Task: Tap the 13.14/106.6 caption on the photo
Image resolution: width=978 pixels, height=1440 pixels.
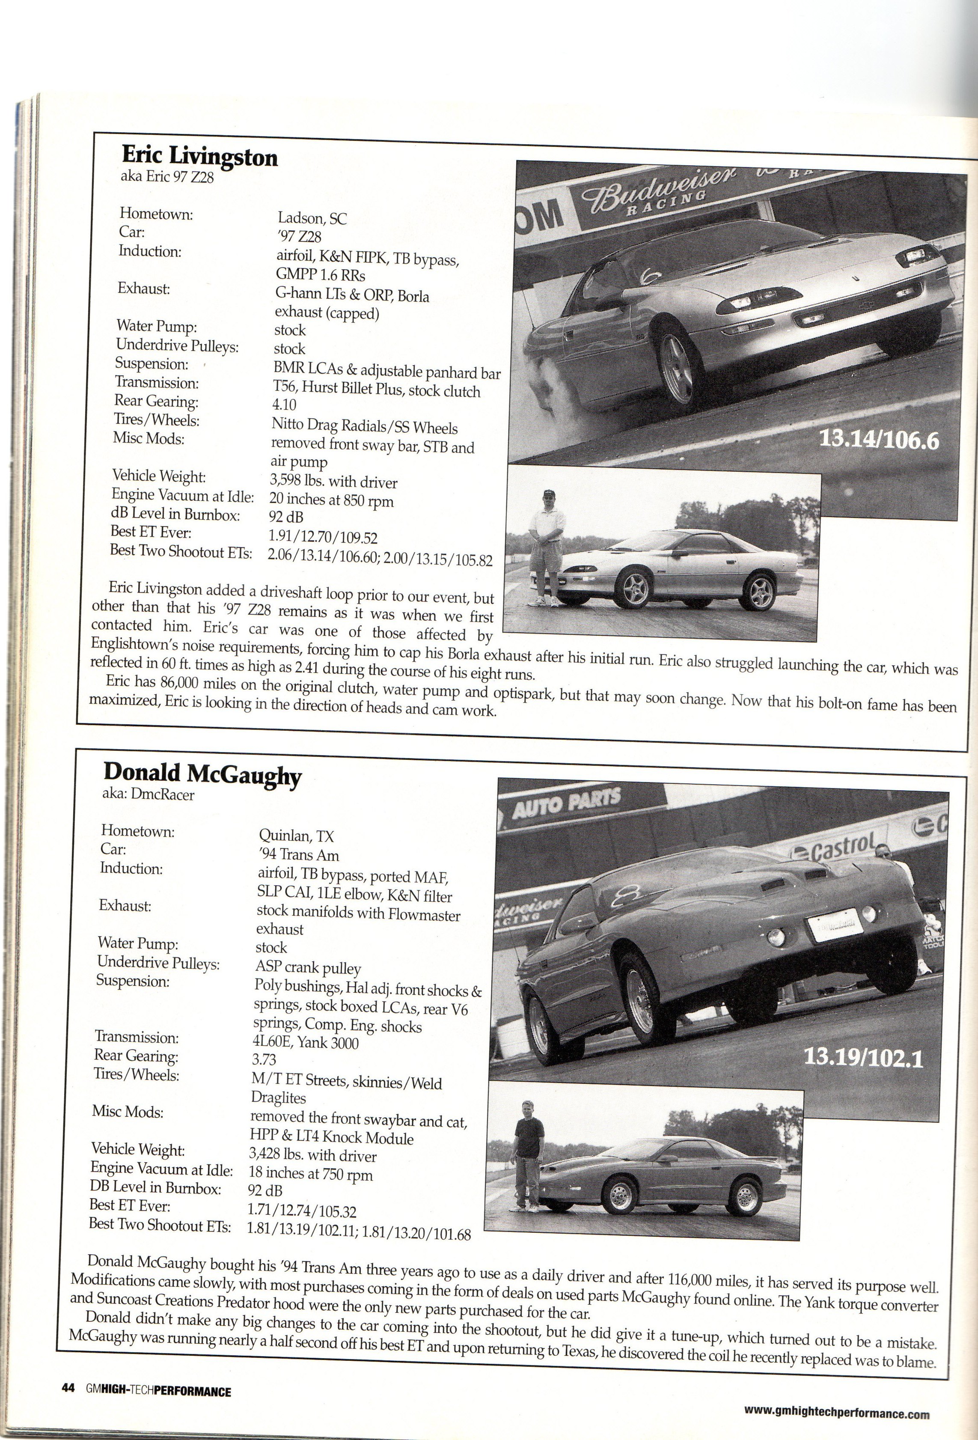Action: point(878,440)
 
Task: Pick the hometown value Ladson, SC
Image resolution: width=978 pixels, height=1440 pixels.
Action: point(312,218)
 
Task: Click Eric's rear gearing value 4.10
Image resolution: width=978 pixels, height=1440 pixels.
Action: point(284,405)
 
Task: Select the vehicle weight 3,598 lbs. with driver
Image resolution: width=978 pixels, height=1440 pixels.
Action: point(333,482)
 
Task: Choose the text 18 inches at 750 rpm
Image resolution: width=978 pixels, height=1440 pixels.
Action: point(310,1173)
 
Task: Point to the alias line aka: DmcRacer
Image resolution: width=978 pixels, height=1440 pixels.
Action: point(148,795)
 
